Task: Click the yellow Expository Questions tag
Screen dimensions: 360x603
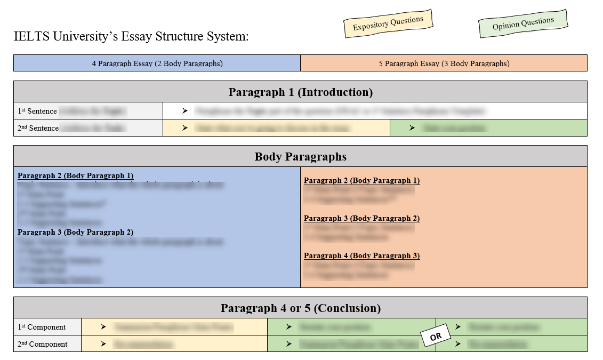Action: (x=388, y=23)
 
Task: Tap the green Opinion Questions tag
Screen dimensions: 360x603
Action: (x=523, y=23)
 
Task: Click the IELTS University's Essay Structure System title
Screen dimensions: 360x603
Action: (x=131, y=37)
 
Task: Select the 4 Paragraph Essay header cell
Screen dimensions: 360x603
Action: (x=157, y=63)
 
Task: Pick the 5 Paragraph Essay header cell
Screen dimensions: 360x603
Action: (x=444, y=63)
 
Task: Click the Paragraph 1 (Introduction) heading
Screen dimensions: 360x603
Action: (x=300, y=92)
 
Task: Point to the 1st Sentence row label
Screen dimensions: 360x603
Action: (x=37, y=111)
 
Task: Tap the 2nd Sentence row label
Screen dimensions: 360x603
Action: (x=38, y=128)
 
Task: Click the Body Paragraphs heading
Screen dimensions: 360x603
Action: (x=300, y=156)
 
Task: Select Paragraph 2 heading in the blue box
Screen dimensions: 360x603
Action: (x=75, y=175)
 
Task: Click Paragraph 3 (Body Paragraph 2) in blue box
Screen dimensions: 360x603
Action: (x=75, y=232)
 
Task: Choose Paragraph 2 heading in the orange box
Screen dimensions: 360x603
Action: (x=361, y=180)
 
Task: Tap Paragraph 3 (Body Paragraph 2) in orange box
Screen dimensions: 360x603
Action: (x=361, y=218)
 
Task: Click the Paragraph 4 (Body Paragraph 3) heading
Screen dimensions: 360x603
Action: (x=361, y=255)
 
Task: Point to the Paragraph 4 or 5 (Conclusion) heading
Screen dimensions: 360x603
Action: (x=300, y=308)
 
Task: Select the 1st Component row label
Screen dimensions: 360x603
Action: (x=42, y=327)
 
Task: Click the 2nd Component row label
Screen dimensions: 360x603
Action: (x=42, y=344)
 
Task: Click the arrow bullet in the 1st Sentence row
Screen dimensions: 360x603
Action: (x=184, y=111)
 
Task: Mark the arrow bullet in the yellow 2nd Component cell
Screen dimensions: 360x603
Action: (x=102, y=344)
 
